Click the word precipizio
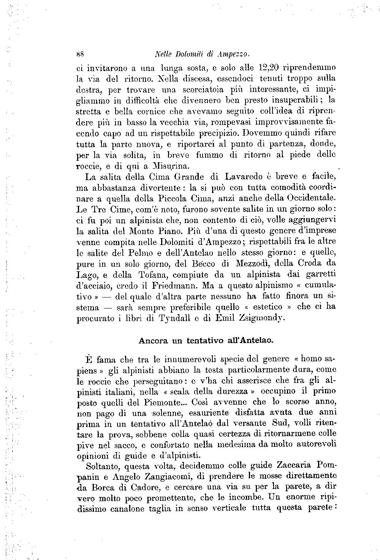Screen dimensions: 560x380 tap(217, 134)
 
